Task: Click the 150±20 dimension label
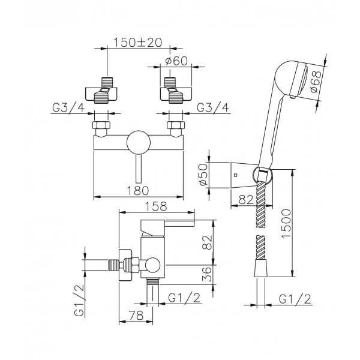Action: [138, 43]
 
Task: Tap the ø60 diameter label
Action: [176, 61]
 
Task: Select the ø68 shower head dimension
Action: [316, 81]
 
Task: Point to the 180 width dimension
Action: [138, 191]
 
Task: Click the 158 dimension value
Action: [156, 206]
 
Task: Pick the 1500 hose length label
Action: [286, 223]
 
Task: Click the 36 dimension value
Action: [208, 274]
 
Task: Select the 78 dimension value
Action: [136, 316]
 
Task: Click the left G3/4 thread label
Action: [68, 107]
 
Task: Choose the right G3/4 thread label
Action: [213, 107]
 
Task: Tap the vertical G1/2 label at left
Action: [79, 301]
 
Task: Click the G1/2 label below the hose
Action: [295, 299]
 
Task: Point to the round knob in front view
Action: [139, 142]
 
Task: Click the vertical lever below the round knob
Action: [139, 169]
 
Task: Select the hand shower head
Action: [292, 79]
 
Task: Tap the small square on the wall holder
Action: [236, 175]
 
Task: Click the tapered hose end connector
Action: [261, 268]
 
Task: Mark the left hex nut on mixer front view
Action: [101, 125]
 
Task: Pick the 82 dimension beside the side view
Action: [208, 242]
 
